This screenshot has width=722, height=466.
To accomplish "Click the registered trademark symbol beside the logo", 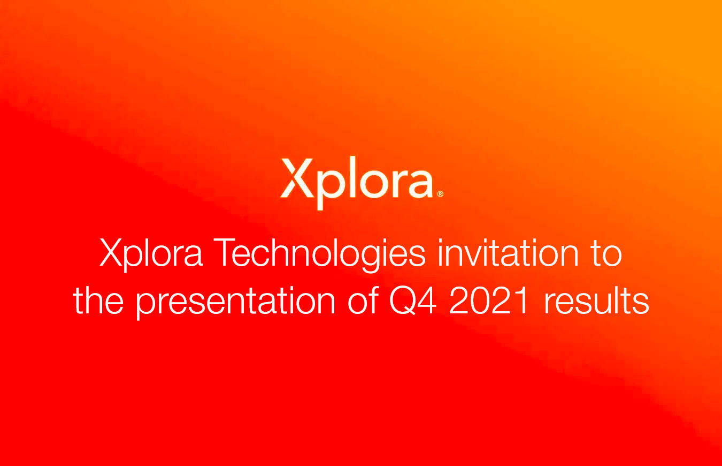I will point(440,194).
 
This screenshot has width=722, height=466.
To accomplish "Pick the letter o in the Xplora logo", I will point(368,183).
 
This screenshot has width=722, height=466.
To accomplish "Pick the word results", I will point(596,300).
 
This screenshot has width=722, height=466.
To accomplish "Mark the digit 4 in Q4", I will point(428,300).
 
